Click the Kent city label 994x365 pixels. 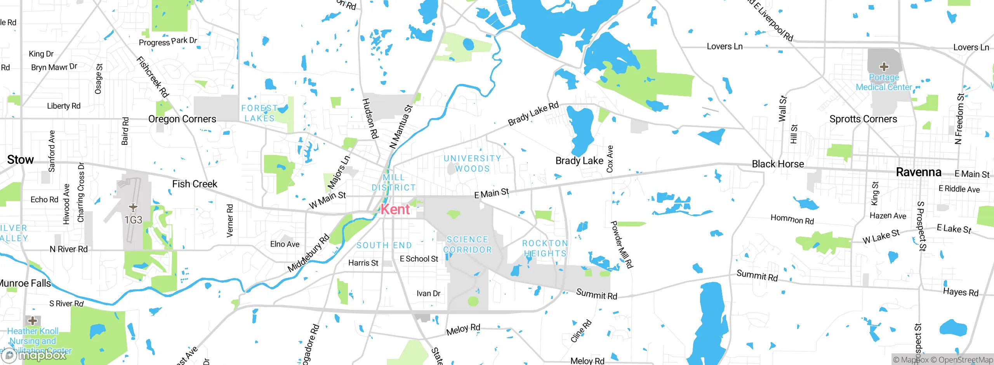point(395,209)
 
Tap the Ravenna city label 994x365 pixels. point(918,172)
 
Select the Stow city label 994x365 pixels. point(21,160)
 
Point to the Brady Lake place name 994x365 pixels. point(579,161)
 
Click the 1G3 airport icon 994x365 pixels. point(133,208)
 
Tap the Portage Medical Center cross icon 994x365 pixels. point(884,67)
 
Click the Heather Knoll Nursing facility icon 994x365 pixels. point(33,321)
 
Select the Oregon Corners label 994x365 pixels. point(182,119)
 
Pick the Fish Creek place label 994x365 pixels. point(195,184)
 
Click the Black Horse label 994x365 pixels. point(778,164)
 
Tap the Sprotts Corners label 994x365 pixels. point(863,119)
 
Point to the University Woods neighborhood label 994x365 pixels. point(472,163)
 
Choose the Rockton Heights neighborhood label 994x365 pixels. point(545,248)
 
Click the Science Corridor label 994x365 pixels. point(467,245)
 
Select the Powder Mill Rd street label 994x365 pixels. point(622,245)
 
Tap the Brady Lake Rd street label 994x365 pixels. point(533,114)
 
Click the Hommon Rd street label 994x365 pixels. point(792,219)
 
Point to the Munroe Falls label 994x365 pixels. point(26,283)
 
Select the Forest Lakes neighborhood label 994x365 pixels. point(259,113)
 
